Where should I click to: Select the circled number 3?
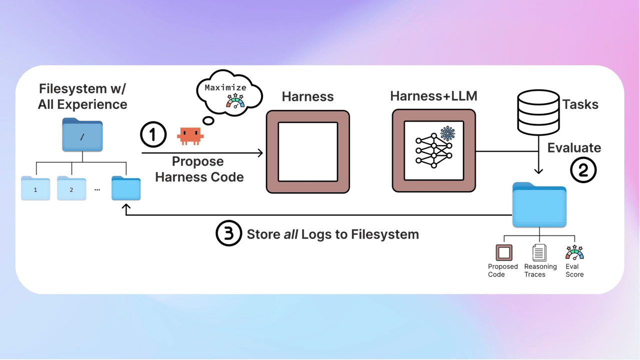[x=228, y=234]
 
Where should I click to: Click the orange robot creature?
[x=190, y=135]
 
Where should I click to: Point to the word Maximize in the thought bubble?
[x=225, y=87]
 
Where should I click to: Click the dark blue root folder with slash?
[x=82, y=135]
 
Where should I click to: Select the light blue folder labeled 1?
[x=35, y=189]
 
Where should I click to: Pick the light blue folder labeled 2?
[x=71, y=189]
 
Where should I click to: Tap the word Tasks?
[x=580, y=104]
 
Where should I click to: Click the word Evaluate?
[x=574, y=147]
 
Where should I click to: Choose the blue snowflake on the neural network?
[x=447, y=133]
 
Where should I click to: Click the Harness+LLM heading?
[x=433, y=96]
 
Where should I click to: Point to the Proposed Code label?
[x=502, y=270]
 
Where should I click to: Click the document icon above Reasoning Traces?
[x=539, y=252]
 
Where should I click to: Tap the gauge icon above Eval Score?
[x=574, y=252]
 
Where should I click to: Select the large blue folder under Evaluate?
[x=539, y=205]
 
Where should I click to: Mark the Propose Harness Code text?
[x=199, y=169]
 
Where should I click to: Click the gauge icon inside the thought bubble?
[x=235, y=101]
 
